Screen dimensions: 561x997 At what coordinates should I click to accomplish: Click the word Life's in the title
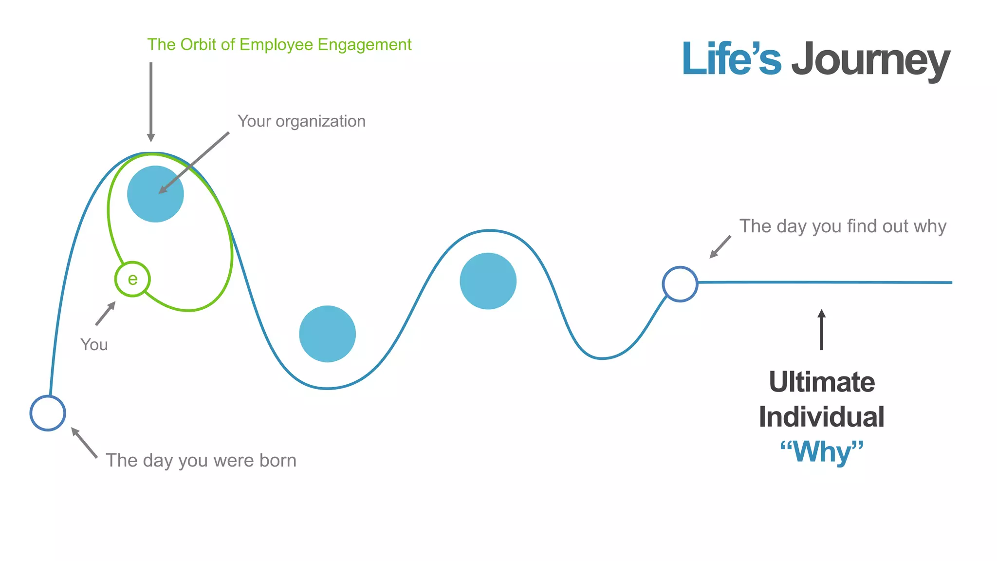pyautogui.click(x=731, y=59)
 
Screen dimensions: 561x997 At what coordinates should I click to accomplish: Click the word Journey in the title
pyautogui.click(x=870, y=60)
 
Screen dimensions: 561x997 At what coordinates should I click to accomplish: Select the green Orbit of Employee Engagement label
pyautogui.click(x=279, y=45)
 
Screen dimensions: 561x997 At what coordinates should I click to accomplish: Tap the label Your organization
pyautogui.click(x=301, y=121)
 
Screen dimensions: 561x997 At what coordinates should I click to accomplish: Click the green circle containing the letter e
pyautogui.click(x=132, y=279)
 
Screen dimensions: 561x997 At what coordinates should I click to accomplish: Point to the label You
pyautogui.click(x=94, y=345)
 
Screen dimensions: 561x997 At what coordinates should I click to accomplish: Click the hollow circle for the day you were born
pyautogui.click(x=48, y=413)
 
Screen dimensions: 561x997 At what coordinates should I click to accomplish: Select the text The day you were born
pyautogui.click(x=201, y=460)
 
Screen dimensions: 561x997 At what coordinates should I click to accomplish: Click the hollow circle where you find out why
pyautogui.click(x=680, y=284)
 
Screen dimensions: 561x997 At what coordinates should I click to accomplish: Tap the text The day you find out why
pyautogui.click(x=843, y=226)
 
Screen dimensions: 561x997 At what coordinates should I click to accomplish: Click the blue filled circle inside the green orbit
pyautogui.click(x=155, y=194)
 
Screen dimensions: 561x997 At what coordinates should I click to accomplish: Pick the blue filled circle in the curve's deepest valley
pyautogui.click(x=327, y=334)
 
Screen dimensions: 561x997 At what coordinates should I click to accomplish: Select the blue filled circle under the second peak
pyautogui.click(x=488, y=281)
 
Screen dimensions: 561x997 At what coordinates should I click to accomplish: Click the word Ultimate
pyautogui.click(x=822, y=382)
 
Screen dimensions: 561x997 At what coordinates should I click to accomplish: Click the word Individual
pyautogui.click(x=822, y=417)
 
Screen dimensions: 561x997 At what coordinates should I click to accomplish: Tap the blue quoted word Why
pyautogui.click(x=822, y=451)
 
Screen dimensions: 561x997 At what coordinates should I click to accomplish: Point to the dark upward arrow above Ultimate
pyautogui.click(x=822, y=330)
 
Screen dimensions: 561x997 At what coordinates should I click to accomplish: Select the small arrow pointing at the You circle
pyautogui.click(x=105, y=314)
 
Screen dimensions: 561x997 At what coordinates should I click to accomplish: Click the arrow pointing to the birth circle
pyautogui.click(x=84, y=442)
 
